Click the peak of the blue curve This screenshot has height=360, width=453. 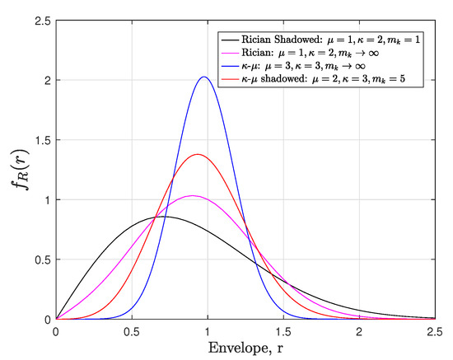(x=203, y=77)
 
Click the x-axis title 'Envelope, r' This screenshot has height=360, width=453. (x=245, y=348)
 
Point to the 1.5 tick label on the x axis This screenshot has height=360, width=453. (x=283, y=330)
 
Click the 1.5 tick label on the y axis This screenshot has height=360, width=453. (x=39, y=140)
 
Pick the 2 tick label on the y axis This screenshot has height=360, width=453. (x=44, y=81)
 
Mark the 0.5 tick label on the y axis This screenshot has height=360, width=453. (x=39, y=259)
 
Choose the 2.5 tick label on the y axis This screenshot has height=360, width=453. (x=39, y=21)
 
